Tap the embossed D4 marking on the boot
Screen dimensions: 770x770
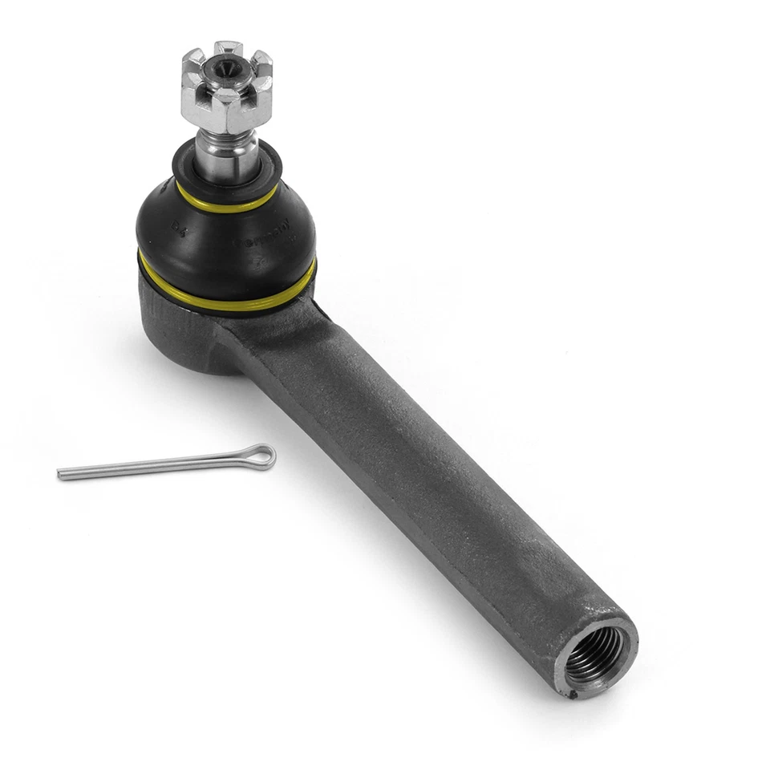pyautogui.click(x=177, y=230)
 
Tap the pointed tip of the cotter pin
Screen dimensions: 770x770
pyautogui.click(x=61, y=474)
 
